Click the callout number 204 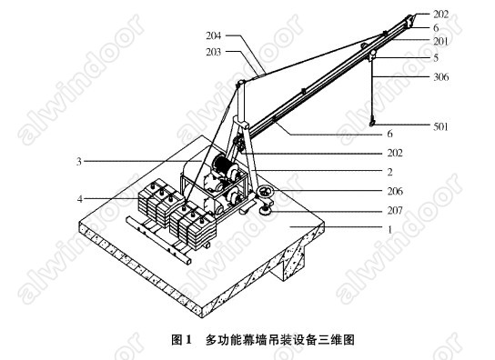[214, 35]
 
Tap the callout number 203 [214, 52]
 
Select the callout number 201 [440, 41]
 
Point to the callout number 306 [440, 77]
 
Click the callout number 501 [440, 126]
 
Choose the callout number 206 [395, 191]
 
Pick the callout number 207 [395, 210]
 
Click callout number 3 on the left [79, 162]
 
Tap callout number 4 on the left [80, 199]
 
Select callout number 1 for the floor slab [389, 229]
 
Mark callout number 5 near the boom [436, 58]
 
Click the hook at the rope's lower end [372, 122]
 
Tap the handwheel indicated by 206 [264, 192]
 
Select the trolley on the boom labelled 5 [372, 55]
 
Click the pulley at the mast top [240, 84]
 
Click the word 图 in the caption [177, 340]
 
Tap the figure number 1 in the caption [188, 340]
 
